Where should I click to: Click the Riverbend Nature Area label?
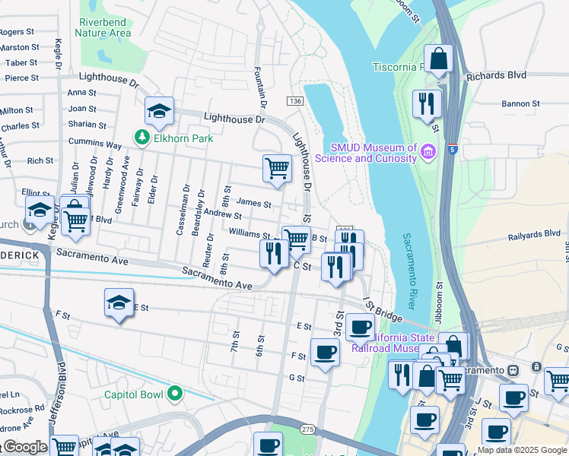[103, 27]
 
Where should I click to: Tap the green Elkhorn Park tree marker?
[141, 138]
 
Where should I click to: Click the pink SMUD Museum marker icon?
[428, 152]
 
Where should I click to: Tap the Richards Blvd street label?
[496, 76]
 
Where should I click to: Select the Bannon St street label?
[520, 103]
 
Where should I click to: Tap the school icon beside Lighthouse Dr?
[159, 112]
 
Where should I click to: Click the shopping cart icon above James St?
[278, 168]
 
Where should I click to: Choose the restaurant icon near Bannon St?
[427, 103]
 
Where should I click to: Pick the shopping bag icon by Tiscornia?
[439, 58]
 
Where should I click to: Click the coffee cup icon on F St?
[325, 353]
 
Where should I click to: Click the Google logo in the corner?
[24, 447]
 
